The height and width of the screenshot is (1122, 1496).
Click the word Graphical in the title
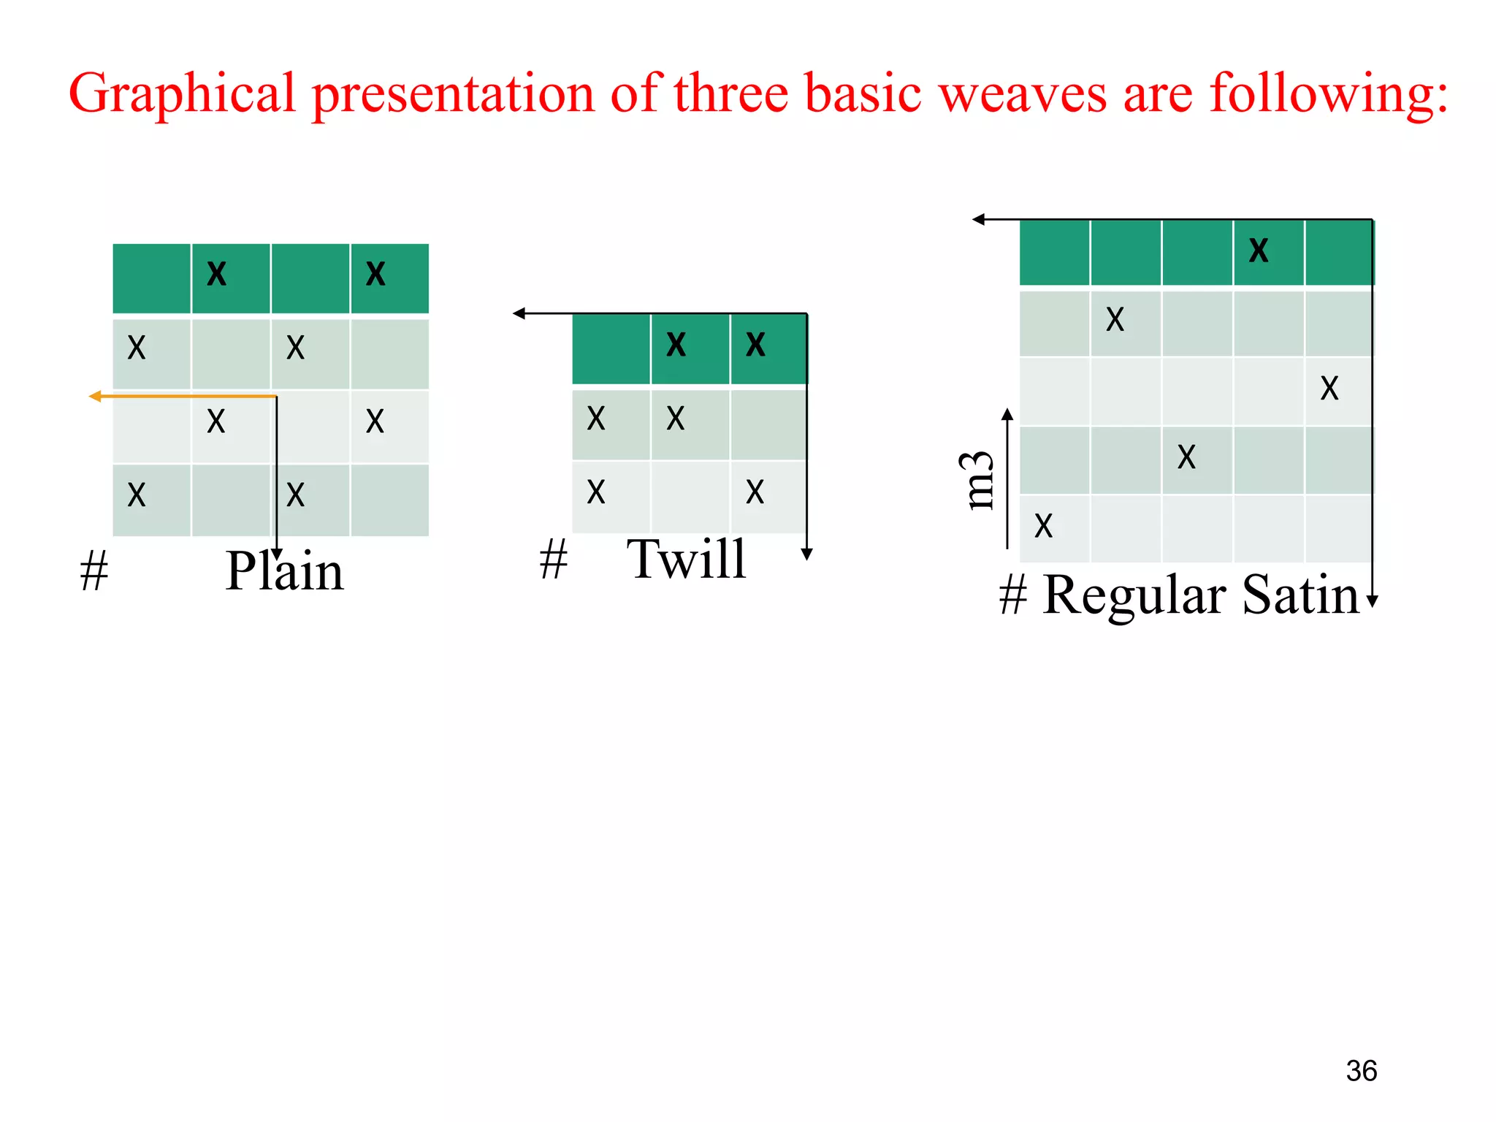click(x=181, y=95)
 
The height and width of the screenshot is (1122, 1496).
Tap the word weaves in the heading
click(x=1023, y=95)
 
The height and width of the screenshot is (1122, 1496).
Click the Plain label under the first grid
click(x=284, y=571)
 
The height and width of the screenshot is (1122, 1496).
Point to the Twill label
click(x=687, y=560)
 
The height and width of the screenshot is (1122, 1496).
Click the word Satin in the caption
click(x=1300, y=595)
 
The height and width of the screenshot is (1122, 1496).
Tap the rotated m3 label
click(x=977, y=480)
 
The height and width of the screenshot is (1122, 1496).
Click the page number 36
click(x=1361, y=1071)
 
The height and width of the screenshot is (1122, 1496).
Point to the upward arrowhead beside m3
click(x=1007, y=415)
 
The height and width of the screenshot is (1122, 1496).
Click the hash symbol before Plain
click(x=94, y=571)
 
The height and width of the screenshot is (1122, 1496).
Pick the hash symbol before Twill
click(x=554, y=560)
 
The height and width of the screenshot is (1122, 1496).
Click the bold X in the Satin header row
click(x=1259, y=251)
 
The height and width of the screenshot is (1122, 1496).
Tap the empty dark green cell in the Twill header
click(x=611, y=348)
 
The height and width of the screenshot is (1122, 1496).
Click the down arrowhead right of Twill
click(x=806, y=554)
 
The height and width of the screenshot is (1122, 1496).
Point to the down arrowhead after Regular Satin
click(x=1372, y=601)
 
